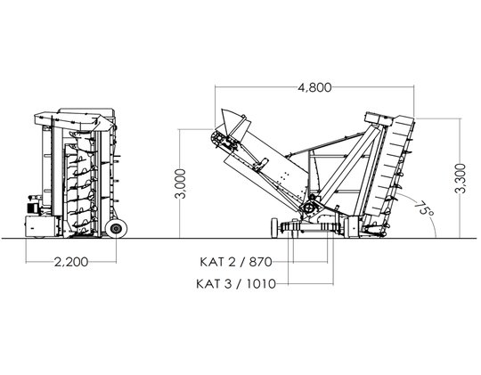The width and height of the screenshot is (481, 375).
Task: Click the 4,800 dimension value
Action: tap(314, 88)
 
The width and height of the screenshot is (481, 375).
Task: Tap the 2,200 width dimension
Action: tap(71, 262)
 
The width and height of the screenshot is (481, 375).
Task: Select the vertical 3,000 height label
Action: tap(180, 183)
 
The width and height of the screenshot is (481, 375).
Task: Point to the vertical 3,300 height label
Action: tap(461, 178)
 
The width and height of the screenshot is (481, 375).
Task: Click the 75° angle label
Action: tap(425, 208)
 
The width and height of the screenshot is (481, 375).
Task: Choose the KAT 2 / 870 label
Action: tap(236, 262)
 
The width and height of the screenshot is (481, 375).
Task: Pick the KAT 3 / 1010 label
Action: tap(236, 284)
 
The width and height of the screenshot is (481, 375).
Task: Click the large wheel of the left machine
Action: tap(117, 228)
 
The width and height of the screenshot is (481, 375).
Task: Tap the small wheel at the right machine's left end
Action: tap(274, 228)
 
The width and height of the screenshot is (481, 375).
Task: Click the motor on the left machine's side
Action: tap(34, 208)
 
